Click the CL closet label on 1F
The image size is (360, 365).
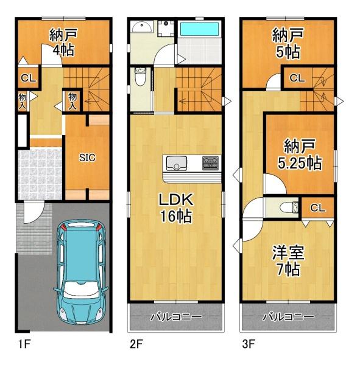(27, 78)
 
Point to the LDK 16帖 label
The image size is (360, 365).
(176, 208)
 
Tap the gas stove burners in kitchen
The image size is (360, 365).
(210, 162)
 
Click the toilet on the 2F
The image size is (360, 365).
(139, 78)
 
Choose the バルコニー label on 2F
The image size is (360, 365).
(175, 317)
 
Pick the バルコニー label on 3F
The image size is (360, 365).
(288, 317)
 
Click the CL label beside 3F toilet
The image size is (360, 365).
(318, 207)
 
